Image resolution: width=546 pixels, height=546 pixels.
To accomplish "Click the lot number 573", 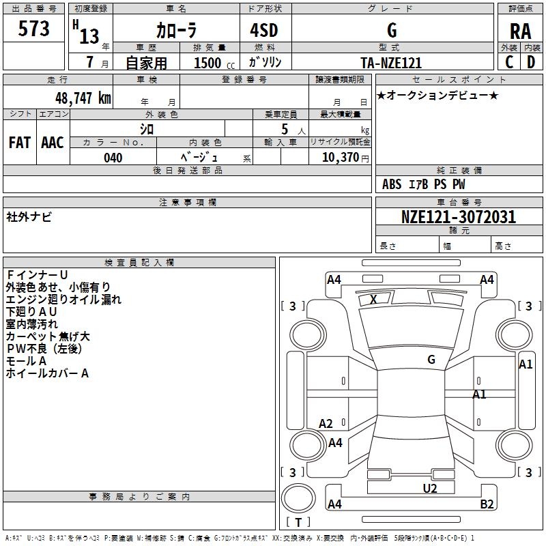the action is (x=34, y=29).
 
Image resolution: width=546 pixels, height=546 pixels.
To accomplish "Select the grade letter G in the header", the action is (x=392, y=30).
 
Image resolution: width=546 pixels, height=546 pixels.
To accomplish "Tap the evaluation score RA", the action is (x=520, y=31).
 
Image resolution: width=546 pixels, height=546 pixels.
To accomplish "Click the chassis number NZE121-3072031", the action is (x=459, y=218).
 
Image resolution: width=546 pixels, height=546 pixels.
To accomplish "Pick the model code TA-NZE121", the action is (x=391, y=63).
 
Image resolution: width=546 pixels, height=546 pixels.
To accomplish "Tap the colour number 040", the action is (x=113, y=158).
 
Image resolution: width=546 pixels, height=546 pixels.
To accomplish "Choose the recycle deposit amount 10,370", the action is (x=339, y=158).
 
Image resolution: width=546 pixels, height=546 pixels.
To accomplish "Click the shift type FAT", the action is (x=19, y=143).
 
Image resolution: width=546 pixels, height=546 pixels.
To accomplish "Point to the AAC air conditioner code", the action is (x=53, y=143).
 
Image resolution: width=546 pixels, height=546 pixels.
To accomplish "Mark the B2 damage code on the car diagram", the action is (x=487, y=504).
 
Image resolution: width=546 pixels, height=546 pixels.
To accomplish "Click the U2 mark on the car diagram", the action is (x=429, y=488).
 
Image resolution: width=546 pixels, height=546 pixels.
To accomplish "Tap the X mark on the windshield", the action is (x=373, y=299).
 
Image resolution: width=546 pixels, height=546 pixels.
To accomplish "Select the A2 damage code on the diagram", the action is (x=326, y=424).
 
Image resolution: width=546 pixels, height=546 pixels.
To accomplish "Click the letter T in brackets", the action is (x=299, y=523).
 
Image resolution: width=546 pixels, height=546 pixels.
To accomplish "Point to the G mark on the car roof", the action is (x=431, y=359).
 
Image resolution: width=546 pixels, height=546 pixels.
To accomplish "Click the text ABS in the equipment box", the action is (x=392, y=184).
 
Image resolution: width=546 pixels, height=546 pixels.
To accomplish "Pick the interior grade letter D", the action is (x=531, y=63).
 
